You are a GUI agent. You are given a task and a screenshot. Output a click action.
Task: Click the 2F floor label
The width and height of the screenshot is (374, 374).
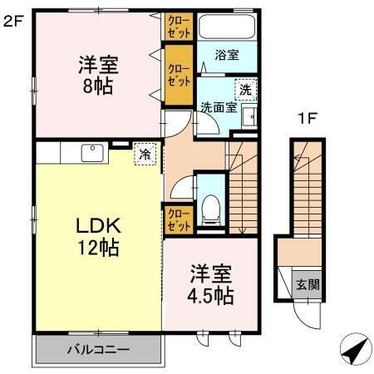coord(13,21)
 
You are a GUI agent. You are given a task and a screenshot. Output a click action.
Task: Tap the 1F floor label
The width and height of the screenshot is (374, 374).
coord(307,119)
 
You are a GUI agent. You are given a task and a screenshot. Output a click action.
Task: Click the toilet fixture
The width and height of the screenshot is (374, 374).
coord(211,209)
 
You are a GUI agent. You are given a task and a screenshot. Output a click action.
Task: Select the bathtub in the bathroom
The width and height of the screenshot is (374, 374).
coord(227,27)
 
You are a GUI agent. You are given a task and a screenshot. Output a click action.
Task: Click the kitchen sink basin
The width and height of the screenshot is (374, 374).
coord(92,153)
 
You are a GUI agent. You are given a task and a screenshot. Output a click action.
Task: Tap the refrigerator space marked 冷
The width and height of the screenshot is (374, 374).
coord(145,154)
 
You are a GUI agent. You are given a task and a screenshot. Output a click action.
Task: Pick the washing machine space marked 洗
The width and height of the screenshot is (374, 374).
coord(245,90)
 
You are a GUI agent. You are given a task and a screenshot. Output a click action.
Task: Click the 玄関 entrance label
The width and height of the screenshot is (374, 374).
coord(308,284)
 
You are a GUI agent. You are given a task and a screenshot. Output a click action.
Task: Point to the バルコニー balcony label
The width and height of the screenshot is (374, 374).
coord(98,349)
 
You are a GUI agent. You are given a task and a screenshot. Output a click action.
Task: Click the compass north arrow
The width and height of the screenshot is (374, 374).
coord(356,349)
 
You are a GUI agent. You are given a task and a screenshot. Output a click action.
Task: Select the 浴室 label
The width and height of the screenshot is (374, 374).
coord(227,55)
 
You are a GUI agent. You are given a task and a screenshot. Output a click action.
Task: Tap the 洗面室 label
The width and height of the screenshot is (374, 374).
coord(219,107)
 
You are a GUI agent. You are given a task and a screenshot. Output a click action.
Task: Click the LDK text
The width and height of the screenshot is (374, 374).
coord(99,226)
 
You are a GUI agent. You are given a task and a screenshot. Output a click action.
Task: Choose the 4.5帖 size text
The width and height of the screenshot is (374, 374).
coord(210,296)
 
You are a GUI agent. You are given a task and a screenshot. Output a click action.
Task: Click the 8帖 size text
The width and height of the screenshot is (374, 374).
coord(98,86)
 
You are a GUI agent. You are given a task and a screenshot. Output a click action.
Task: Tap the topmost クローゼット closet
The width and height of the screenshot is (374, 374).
coord(179,27)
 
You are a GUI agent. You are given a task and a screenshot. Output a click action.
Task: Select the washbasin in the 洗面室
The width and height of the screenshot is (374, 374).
coord(249,116)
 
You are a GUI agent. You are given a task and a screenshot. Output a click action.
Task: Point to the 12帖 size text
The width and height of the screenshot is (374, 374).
coord(99,248)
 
